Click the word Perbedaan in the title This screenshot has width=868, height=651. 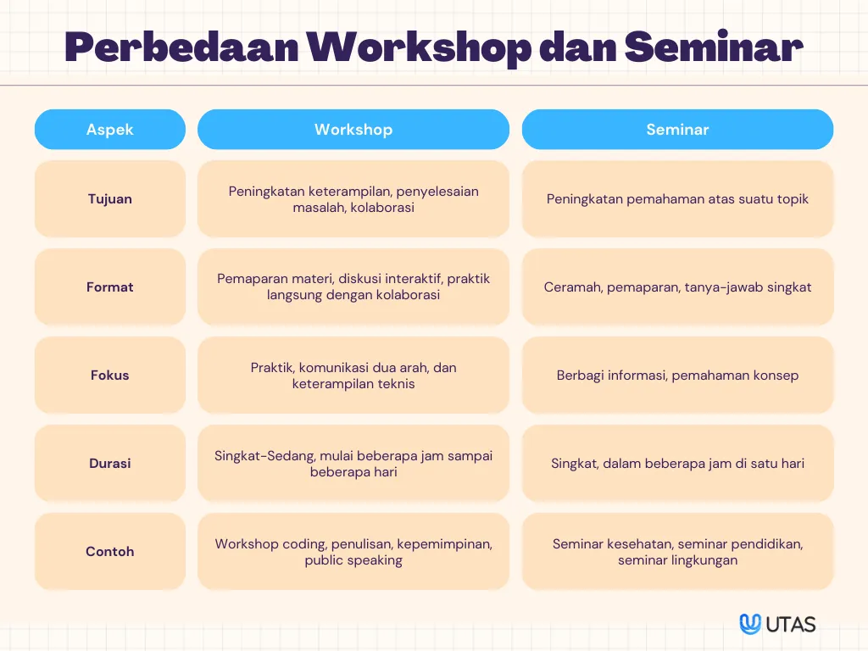click(x=181, y=47)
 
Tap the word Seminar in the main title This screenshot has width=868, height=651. click(x=714, y=47)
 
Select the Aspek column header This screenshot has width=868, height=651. click(x=109, y=129)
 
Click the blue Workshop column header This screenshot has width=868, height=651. click(x=353, y=129)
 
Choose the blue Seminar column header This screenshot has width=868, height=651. click(x=677, y=129)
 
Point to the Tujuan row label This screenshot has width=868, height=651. click(x=109, y=198)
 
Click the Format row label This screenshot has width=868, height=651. click(x=109, y=287)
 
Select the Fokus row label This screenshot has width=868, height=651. click(x=109, y=375)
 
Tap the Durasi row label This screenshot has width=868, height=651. click(x=109, y=463)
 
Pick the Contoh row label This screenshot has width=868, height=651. click(x=109, y=551)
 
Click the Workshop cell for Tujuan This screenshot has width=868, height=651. click(x=353, y=198)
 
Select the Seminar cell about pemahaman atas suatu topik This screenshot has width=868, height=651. click(x=677, y=198)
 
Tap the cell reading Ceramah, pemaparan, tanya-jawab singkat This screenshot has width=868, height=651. click(x=677, y=287)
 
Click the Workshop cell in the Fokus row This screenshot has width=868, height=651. click(x=353, y=375)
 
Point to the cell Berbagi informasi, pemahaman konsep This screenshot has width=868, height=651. click(x=677, y=375)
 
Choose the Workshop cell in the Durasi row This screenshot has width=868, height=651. click(x=353, y=463)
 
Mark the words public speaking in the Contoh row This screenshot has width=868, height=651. click(x=353, y=560)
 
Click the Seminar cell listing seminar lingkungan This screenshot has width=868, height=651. click(x=677, y=551)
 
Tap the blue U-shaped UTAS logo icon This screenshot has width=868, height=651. click(x=750, y=624)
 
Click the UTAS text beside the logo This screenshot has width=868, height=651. click(x=791, y=625)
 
